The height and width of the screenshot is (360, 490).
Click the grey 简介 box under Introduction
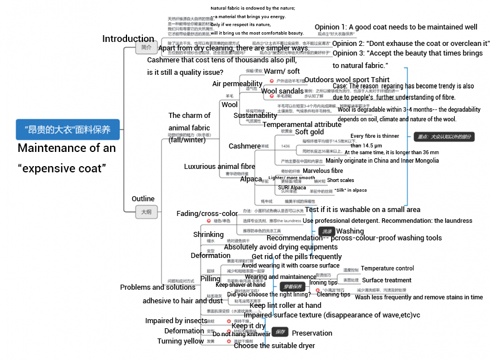146,48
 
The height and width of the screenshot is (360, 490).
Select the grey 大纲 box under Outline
146,212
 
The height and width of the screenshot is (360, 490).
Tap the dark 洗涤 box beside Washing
327,231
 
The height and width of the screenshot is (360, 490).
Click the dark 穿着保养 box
292,287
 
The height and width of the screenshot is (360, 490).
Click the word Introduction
128,39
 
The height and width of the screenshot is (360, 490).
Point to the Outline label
143,199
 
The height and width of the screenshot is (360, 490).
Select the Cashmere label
244,146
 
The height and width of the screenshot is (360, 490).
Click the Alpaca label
251,179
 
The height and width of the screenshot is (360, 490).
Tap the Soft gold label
310,132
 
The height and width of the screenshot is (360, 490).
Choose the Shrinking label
208,235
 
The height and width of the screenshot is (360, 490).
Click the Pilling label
210,279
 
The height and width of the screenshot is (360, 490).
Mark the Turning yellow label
180,341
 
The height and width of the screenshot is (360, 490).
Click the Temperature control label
387,268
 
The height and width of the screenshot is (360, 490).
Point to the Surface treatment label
387,280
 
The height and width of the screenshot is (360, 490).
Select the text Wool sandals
282,91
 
